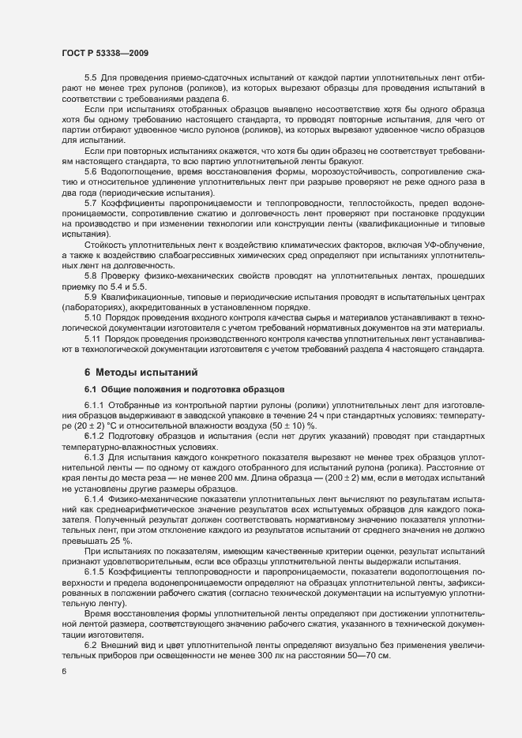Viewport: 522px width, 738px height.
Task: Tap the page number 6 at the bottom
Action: tap(63, 672)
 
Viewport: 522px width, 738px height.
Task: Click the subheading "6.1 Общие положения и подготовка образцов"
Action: tap(180, 389)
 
